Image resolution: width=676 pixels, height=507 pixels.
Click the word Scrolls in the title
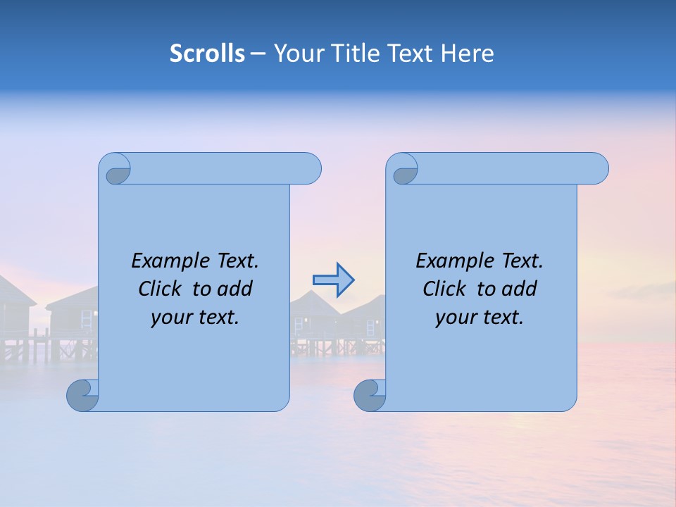click(208, 54)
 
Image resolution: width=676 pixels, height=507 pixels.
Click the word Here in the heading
click(468, 54)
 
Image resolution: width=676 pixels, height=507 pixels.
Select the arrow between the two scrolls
click(333, 280)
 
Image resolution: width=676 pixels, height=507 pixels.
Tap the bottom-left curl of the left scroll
click(82, 396)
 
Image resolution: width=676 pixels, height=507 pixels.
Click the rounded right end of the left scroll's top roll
click(311, 169)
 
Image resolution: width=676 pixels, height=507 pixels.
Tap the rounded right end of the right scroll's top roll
click(597, 169)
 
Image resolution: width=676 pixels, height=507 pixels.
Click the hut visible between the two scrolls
click(313, 313)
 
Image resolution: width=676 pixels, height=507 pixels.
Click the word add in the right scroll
click(520, 289)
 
